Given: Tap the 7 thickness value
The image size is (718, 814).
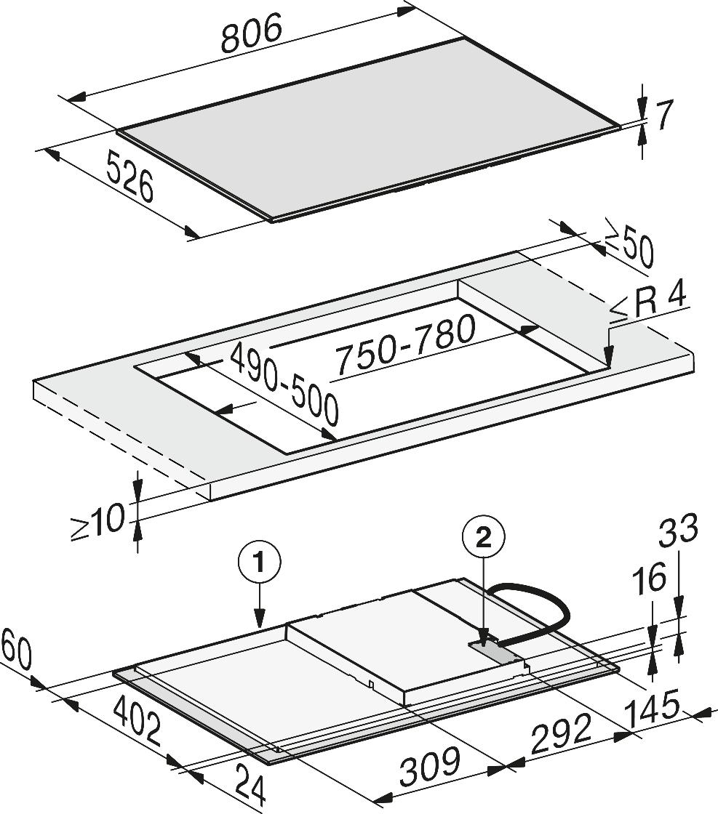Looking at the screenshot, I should coord(663,116).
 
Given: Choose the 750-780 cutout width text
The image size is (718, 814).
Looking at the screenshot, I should coord(404,346).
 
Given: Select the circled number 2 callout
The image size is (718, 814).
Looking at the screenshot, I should coord(483,539).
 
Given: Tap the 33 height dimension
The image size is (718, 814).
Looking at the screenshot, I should coord(678,530).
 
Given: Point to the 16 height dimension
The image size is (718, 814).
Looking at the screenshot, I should coord(650,578).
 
